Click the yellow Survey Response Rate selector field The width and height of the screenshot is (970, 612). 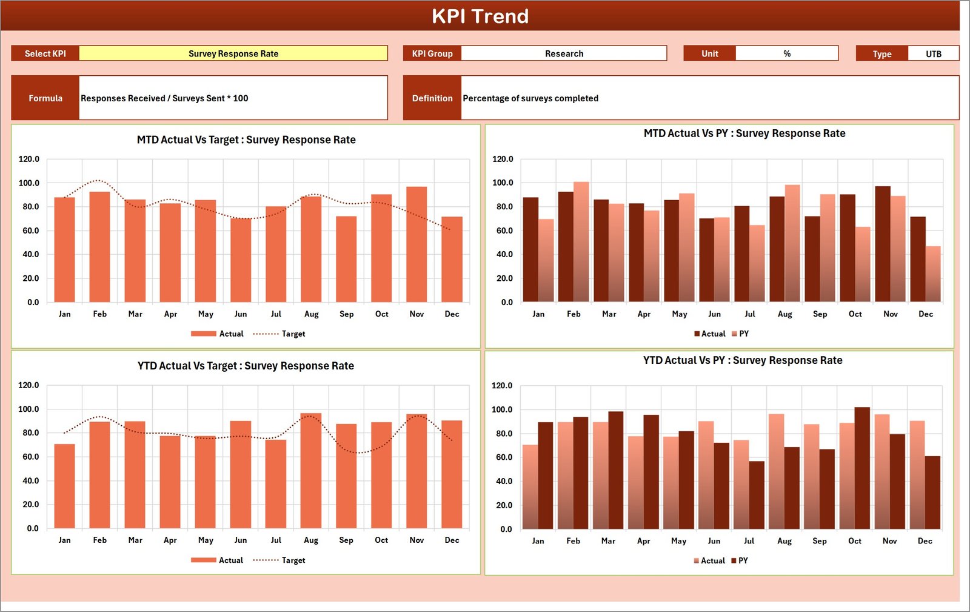point(233,53)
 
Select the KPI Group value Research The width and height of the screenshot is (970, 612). point(564,53)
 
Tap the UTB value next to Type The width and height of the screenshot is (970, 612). point(933,54)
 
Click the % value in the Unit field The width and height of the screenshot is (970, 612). point(786,53)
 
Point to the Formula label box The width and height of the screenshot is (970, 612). point(45,98)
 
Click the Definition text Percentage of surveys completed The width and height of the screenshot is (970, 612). point(530,98)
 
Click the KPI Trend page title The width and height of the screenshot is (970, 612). point(480,16)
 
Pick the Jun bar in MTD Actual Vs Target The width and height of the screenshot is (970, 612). point(241,260)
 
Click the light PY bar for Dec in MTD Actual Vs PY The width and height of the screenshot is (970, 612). point(933,274)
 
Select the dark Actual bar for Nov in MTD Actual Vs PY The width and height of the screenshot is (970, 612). point(883,244)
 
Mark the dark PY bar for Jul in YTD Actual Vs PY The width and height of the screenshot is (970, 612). point(757,495)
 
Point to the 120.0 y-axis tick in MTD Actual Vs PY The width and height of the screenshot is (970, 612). point(503,159)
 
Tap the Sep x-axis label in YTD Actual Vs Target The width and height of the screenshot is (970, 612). point(346,540)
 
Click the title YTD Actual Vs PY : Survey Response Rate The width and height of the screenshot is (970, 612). point(743,360)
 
